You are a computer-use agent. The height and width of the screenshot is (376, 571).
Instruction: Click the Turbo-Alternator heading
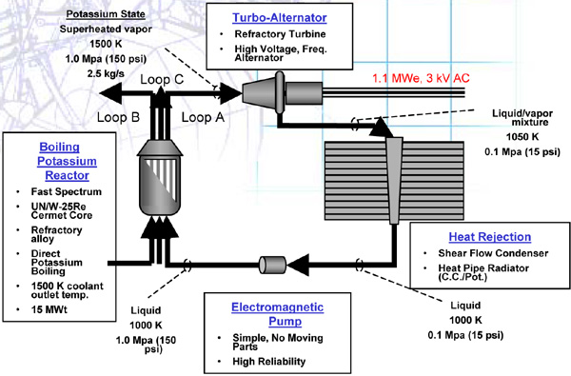280,18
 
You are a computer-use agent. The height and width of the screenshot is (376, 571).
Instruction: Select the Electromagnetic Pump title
278,314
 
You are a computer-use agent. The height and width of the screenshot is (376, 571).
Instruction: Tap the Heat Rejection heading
490,237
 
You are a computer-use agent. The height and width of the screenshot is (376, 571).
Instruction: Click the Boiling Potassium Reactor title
67,161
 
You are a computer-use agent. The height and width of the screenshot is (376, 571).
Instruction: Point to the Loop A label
203,117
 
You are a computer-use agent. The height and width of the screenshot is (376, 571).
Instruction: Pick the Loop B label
118,117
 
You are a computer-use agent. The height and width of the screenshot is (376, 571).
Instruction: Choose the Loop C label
162,79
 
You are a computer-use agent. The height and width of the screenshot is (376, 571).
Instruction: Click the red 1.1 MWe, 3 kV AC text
421,78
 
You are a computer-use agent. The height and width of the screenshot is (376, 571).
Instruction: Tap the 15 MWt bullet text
49,309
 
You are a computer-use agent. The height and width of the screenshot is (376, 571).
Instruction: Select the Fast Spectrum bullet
67,191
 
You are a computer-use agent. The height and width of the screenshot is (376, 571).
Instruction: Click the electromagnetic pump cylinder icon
272,265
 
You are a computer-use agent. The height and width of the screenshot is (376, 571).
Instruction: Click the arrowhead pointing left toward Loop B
110,93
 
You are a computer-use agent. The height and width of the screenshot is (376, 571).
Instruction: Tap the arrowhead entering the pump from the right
298,266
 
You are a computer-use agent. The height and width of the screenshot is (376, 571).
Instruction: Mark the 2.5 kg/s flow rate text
106,74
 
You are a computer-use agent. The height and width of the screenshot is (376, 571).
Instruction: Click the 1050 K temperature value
522,137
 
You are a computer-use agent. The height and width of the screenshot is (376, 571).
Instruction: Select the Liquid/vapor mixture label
522,118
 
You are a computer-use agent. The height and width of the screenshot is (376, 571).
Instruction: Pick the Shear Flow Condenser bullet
493,253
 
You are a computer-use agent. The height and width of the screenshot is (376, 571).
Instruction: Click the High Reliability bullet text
269,362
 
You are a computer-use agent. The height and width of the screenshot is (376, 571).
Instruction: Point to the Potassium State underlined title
106,14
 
